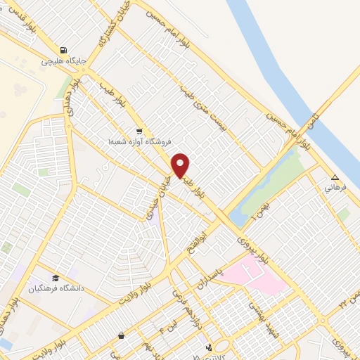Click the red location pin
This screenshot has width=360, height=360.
click(181, 165)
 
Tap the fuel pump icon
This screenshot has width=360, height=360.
click(64, 51)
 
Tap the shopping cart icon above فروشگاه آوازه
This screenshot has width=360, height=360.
click(139, 131)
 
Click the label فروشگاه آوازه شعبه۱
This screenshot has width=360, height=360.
click(139, 141)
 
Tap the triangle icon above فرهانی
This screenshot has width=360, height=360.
click(335, 177)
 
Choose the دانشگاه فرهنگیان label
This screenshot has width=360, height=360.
click(56, 288)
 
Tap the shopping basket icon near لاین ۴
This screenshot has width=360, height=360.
click(122, 335)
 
